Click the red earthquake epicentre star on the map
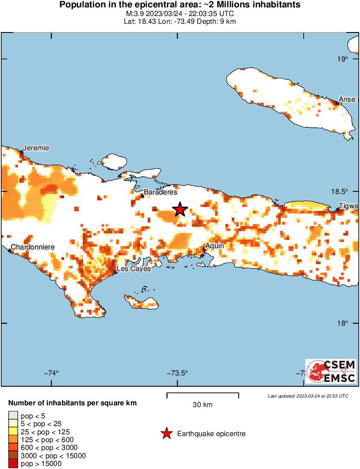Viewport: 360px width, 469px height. [x=180, y=209]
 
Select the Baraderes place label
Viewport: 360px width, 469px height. [x=160, y=192]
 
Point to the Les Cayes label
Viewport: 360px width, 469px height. [x=134, y=269]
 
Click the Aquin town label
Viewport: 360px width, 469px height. [x=214, y=246]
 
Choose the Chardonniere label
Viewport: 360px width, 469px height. [x=32, y=247]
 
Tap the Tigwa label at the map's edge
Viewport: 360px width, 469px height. [x=348, y=207]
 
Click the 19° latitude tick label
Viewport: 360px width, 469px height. [x=343, y=59]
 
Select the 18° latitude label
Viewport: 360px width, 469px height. [x=343, y=323]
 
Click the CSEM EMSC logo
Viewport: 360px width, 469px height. [x=331, y=371]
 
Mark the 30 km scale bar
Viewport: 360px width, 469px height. [x=203, y=394]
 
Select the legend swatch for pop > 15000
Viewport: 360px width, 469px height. [x=13, y=463]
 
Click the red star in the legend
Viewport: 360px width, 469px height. [x=166, y=433]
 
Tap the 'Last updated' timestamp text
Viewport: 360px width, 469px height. [x=308, y=396]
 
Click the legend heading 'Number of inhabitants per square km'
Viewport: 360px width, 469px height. [x=72, y=403]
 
